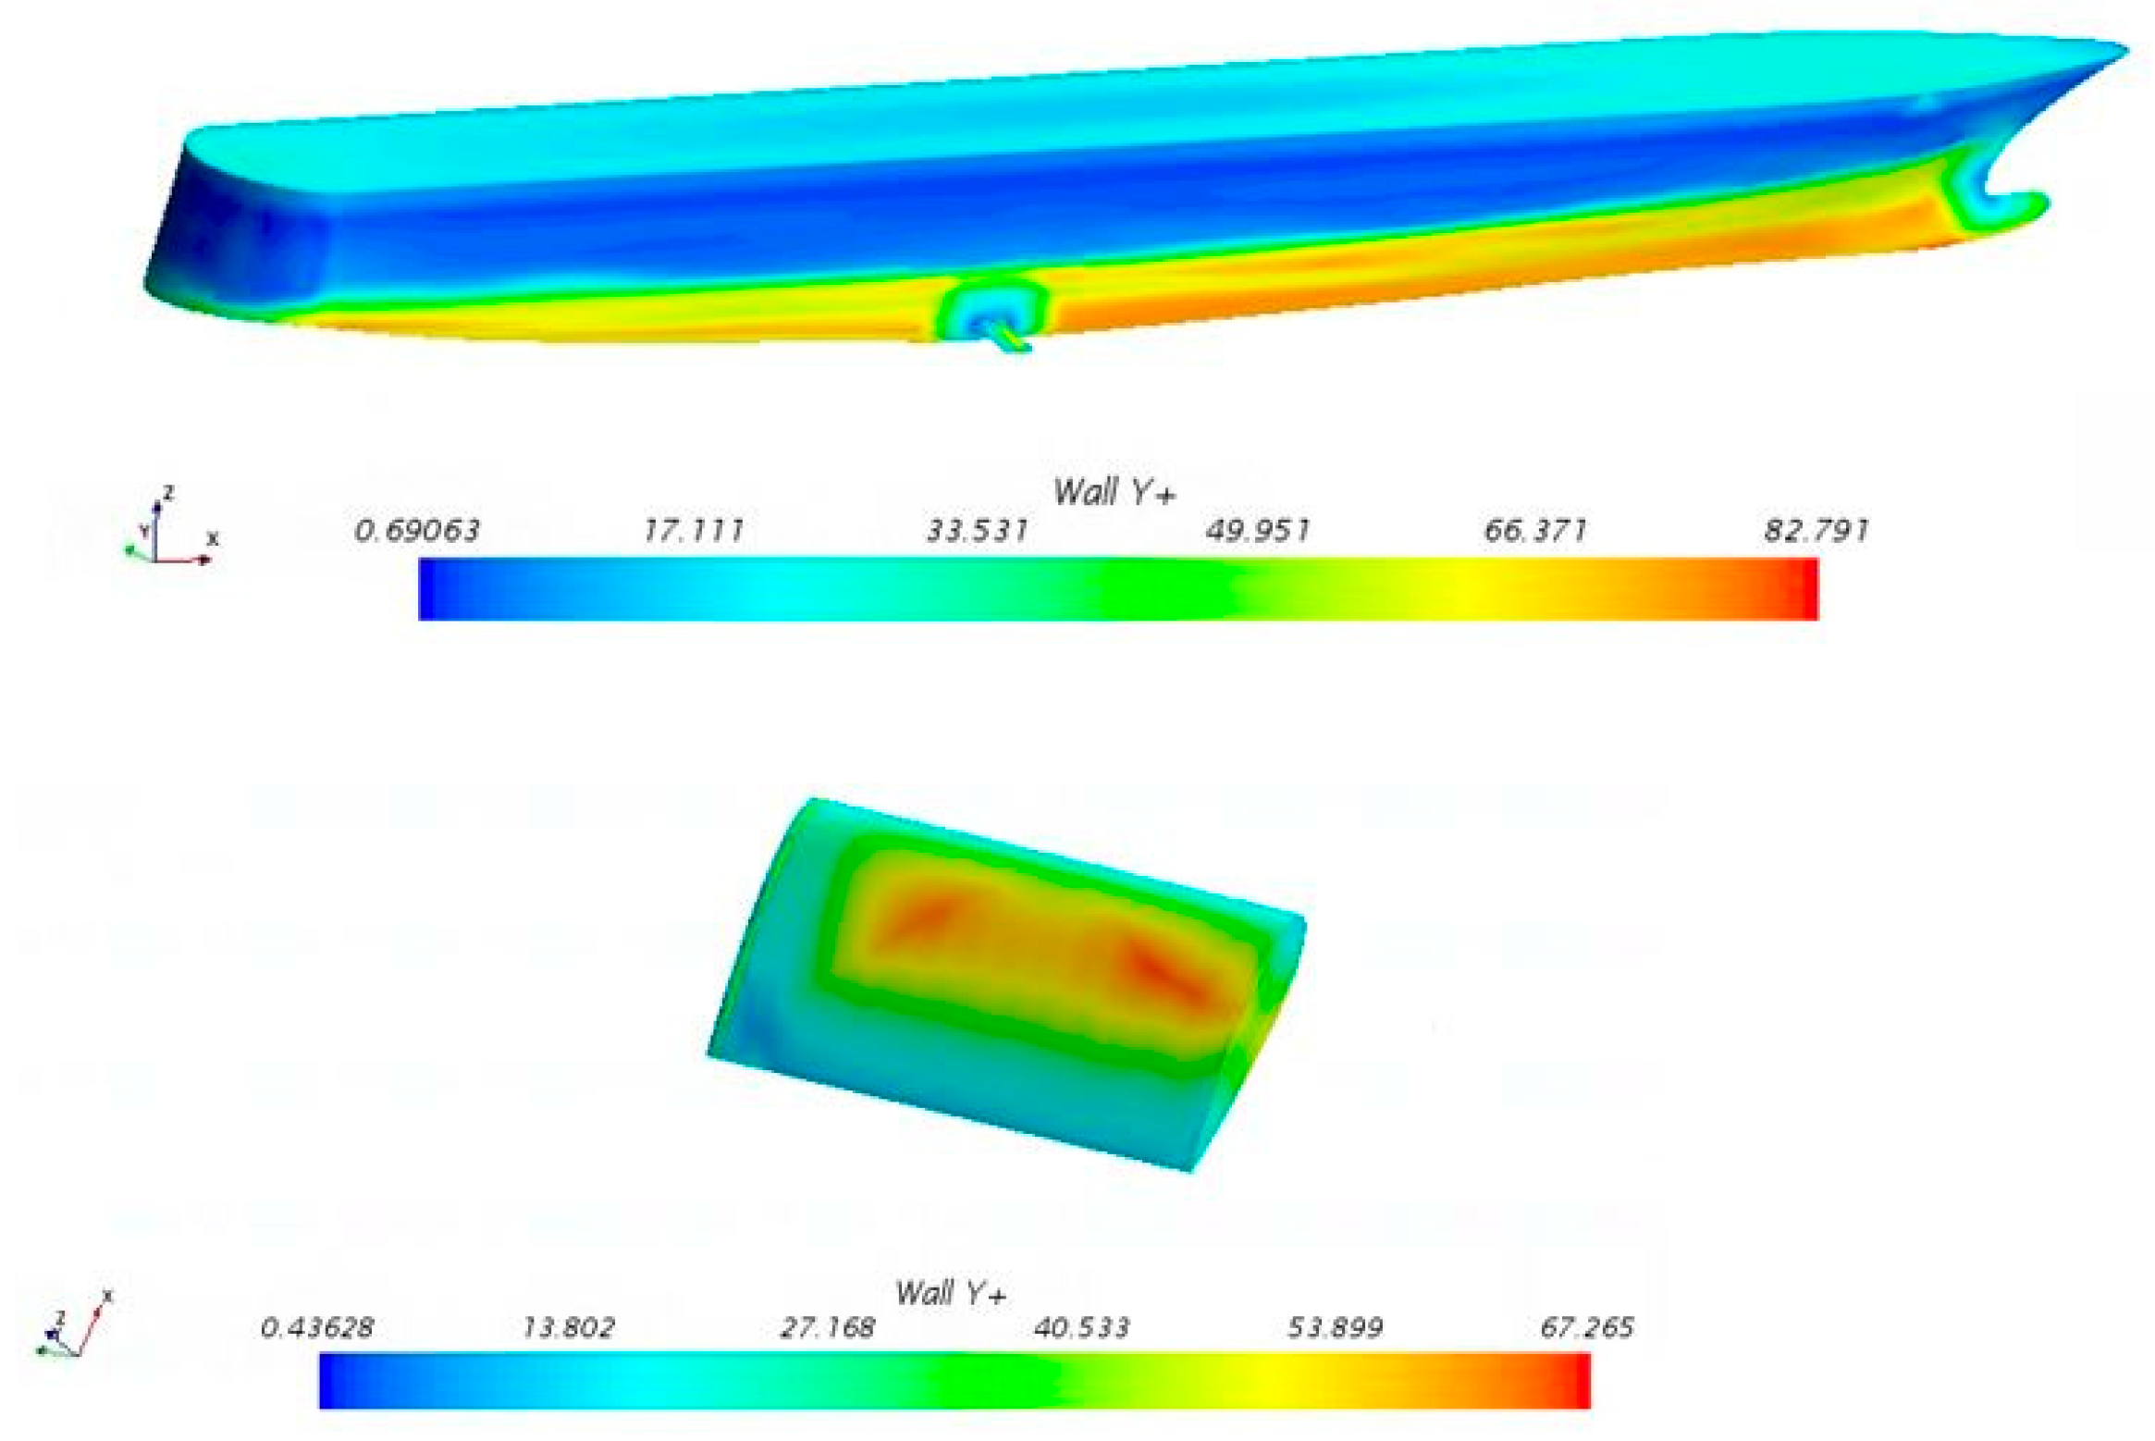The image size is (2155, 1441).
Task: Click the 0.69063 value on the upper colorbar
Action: click(417, 531)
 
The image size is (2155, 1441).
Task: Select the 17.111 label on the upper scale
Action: click(694, 531)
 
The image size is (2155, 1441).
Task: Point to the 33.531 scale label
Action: click(978, 531)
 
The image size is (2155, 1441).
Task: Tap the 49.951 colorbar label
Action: click(1258, 531)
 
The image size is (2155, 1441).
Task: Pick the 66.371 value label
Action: click(1535, 531)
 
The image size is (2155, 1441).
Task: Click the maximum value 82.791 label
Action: click(1816, 531)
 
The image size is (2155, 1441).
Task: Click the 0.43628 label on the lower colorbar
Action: click(317, 1328)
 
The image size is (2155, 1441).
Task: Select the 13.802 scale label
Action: click(568, 1328)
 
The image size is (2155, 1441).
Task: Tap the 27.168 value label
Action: click(827, 1328)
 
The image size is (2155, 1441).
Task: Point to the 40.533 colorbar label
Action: click(1081, 1328)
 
